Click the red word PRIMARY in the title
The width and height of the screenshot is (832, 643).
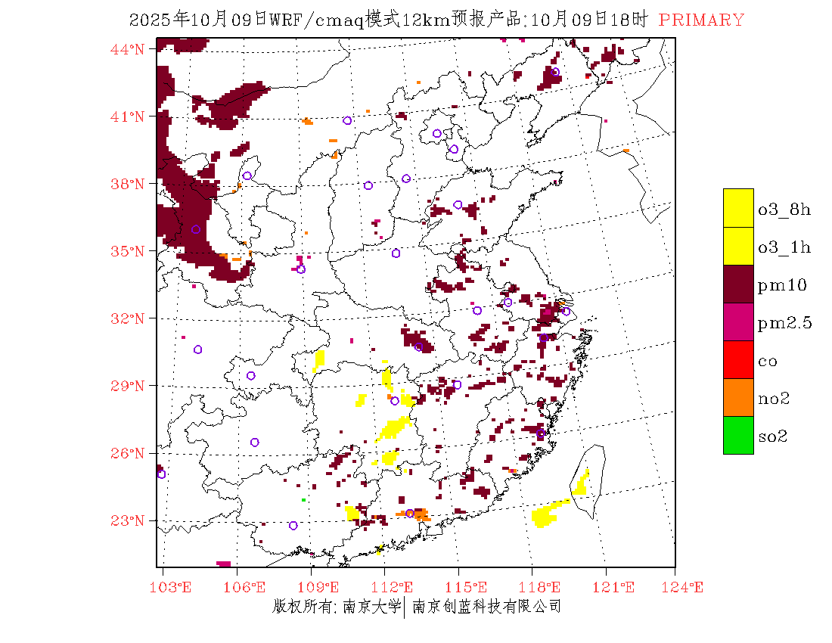coord(701,20)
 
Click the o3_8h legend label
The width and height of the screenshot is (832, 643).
coord(784,210)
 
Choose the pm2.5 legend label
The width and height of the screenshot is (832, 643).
coord(784,323)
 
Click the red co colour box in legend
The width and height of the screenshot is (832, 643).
coord(738,359)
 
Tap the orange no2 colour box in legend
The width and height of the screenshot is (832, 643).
coord(738,397)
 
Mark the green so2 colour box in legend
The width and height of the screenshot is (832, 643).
coord(738,435)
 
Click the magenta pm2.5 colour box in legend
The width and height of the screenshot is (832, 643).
coord(738,321)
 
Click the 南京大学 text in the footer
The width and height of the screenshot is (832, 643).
coord(371,606)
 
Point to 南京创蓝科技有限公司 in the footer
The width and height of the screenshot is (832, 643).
coord(486,606)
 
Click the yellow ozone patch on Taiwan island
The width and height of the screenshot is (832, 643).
coord(582,482)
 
